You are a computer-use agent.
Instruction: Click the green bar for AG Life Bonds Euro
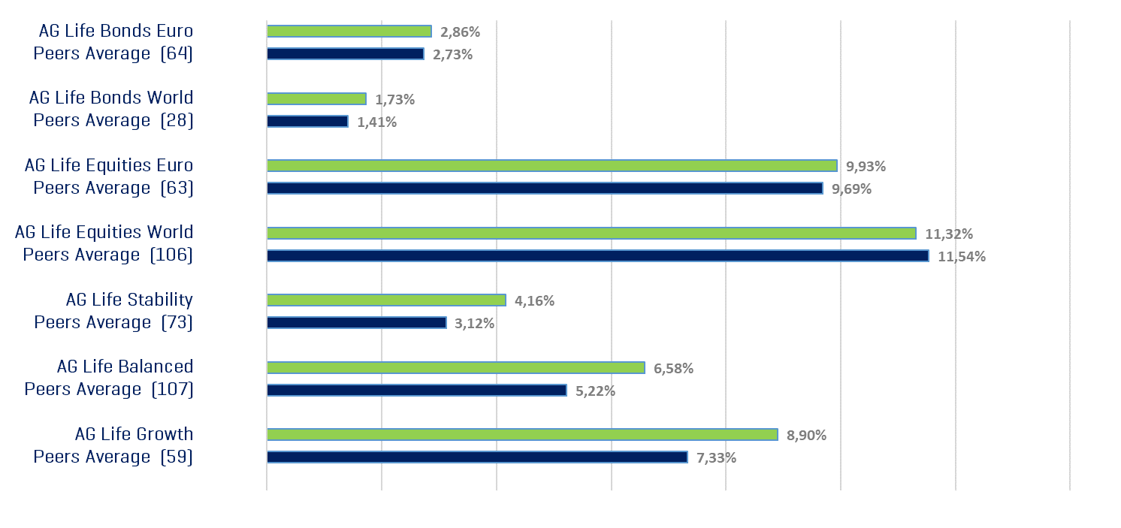pos(349,32)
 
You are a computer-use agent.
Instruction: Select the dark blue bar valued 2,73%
pos(346,54)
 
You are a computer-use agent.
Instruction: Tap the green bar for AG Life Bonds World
pos(316,99)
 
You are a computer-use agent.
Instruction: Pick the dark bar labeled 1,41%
pos(307,122)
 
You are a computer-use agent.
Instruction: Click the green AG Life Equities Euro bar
pos(552,166)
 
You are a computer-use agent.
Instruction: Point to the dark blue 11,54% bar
pos(597,256)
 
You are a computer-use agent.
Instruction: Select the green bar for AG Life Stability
pos(386,300)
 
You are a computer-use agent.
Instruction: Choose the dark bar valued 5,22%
pos(416,391)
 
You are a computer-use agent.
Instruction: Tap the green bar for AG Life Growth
pos(522,435)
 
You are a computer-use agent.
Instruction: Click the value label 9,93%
pos(866,166)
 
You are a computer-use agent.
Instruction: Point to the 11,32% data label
pos(948,234)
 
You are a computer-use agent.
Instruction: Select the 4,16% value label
pos(534,301)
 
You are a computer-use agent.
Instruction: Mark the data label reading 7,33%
pos(716,457)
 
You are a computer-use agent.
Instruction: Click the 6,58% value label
pos(673,368)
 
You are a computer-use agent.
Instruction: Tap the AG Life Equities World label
pos(104,232)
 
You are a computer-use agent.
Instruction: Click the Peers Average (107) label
pos(109,389)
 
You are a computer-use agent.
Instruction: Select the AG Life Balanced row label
pos(125,367)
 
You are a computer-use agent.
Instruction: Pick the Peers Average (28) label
pos(113,120)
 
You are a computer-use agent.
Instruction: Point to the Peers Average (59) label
pos(113,457)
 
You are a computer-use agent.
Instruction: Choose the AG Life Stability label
pos(129,300)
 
